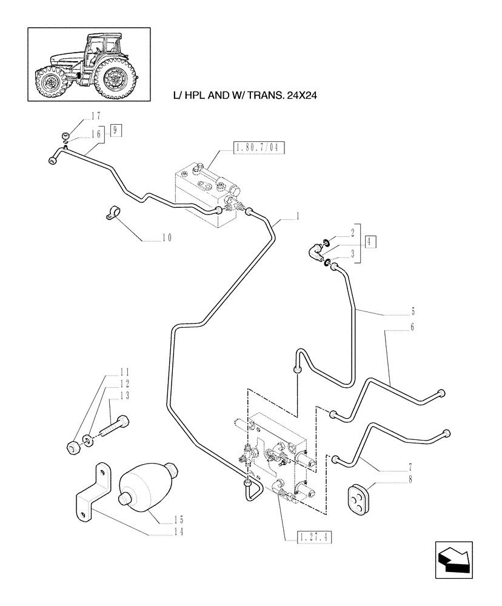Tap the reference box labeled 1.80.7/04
259,147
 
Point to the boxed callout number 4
370,241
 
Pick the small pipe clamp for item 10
113,213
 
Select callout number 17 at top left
95,115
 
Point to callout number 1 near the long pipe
298,216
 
